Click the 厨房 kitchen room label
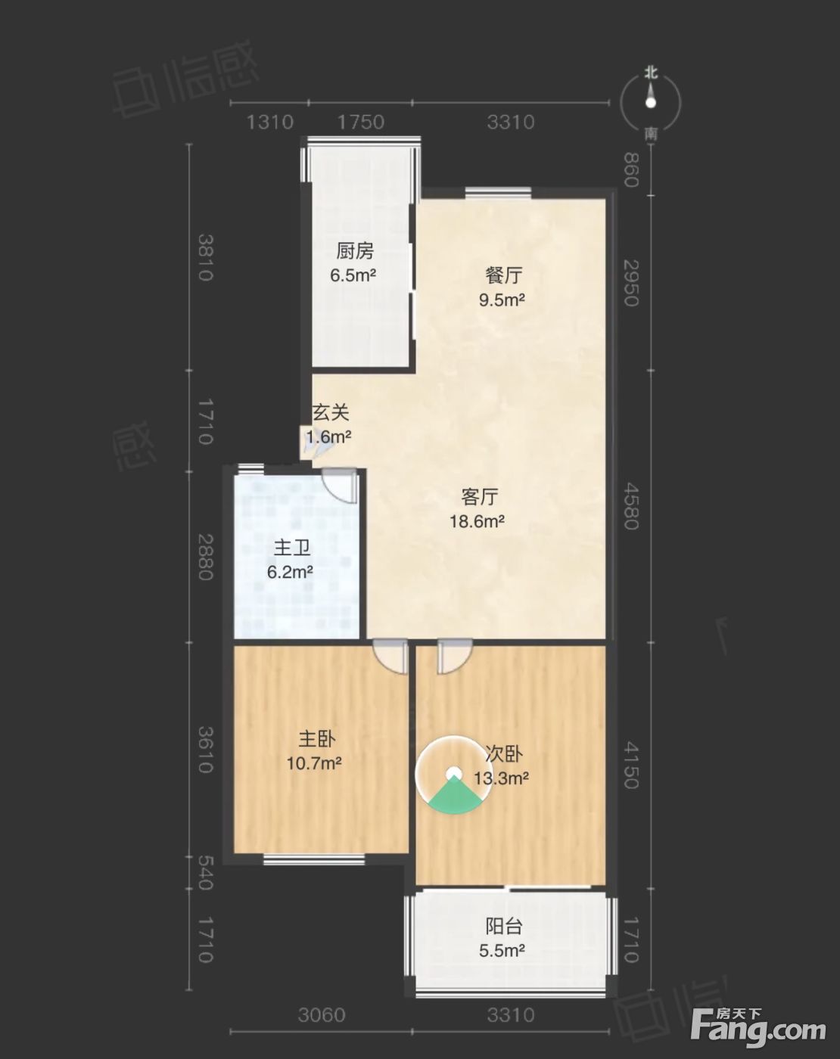355,251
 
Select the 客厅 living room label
480,497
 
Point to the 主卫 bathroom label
292,548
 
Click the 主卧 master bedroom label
317,739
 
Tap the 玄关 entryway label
331,412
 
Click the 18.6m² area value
477,520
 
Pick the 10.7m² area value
314,763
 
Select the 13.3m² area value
501,778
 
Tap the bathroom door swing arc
340,486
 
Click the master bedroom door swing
390,657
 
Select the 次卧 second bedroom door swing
455,657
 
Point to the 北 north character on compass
652,73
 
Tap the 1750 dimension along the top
361,122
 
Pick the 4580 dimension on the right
632,506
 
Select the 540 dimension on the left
205,872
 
